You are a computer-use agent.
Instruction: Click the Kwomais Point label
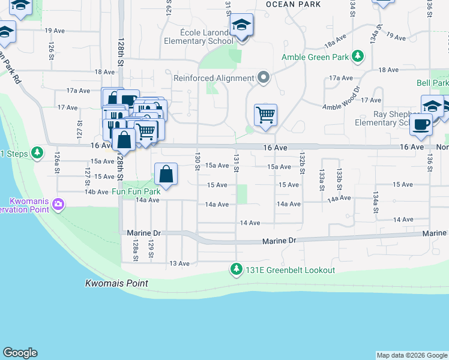point(116,283)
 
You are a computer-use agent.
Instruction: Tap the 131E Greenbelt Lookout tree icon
point(237,269)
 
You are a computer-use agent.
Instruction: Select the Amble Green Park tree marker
point(358,57)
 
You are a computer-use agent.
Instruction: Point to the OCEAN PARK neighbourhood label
point(293,4)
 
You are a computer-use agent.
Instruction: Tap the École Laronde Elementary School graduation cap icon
point(241,26)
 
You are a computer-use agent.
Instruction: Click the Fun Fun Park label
point(136,192)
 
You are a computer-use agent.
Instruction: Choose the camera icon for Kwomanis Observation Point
point(58,204)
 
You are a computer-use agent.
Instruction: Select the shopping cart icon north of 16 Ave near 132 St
point(265,114)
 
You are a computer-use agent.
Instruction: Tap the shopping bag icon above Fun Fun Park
point(166,175)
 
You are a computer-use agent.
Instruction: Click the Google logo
point(20,353)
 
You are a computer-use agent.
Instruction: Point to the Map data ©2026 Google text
point(412,355)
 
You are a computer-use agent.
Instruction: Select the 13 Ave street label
point(179,263)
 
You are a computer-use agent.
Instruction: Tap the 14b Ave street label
point(96,192)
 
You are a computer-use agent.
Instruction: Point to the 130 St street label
point(197,161)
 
